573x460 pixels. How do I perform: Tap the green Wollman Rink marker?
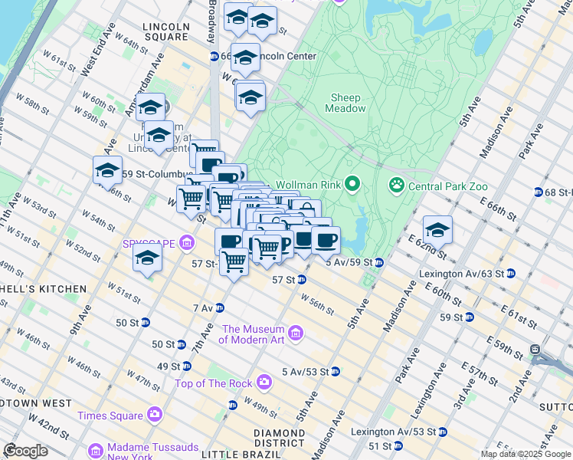(352, 184)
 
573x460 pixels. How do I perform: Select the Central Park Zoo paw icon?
(396, 184)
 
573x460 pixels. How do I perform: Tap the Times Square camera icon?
(155, 415)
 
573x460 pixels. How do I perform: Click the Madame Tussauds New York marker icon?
(96, 449)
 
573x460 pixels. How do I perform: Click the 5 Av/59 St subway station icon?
(379, 262)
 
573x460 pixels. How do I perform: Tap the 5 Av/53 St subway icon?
(335, 372)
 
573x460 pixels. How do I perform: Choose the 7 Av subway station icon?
(220, 307)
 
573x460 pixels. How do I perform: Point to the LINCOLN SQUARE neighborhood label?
(165, 31)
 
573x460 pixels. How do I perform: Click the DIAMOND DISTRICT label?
(280, 438)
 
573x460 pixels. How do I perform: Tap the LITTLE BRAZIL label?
(233, 454)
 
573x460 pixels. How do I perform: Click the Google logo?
(25, 451)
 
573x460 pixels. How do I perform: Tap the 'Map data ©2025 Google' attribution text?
(525, 454)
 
